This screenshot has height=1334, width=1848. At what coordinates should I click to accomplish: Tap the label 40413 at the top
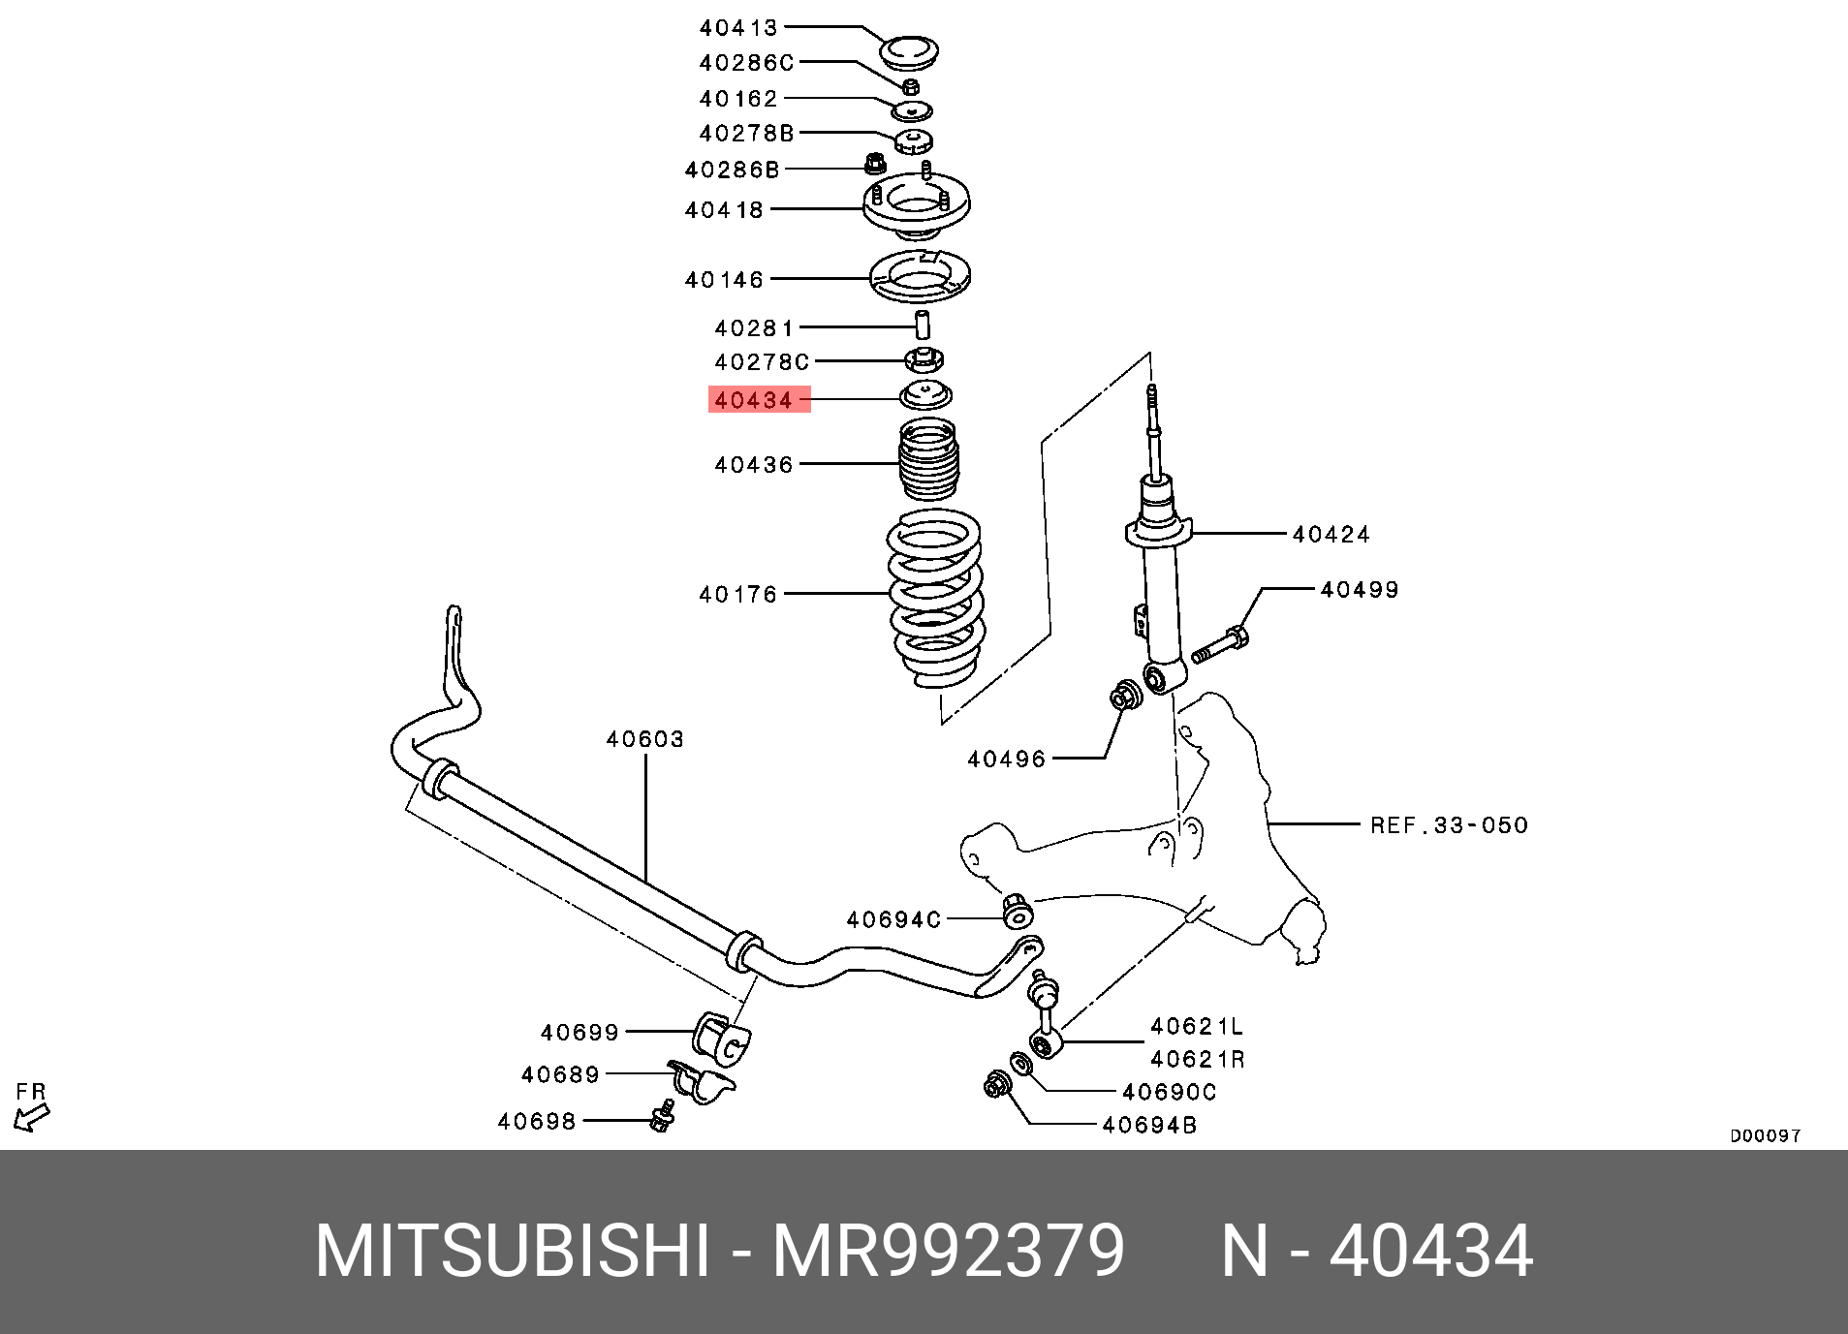tap(738, 28)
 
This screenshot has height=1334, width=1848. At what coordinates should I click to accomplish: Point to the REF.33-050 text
tap(1448, 825)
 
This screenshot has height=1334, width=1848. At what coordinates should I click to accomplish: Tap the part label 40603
tap(644, 740)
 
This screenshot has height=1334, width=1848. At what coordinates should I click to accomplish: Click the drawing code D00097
tap(1765, 1135)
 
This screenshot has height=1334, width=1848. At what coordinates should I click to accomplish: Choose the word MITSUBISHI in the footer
tap(513, 1252)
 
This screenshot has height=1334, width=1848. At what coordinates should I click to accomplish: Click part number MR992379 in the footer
tap(948, 1252)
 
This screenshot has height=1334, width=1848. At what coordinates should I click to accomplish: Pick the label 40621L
tap(1196, 1026)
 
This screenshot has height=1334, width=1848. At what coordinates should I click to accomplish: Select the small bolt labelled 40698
tap(663, 1117)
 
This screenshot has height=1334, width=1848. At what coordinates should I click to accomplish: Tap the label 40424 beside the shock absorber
tap(1331, 535)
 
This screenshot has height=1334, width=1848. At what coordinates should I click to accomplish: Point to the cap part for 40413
tap(908, 50)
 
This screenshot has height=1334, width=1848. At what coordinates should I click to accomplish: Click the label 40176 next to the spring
tap(738, 594)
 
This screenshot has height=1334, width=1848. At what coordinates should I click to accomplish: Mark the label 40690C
tap(1169, 1093)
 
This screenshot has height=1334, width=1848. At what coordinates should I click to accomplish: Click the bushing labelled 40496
tap(1126, 695)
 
